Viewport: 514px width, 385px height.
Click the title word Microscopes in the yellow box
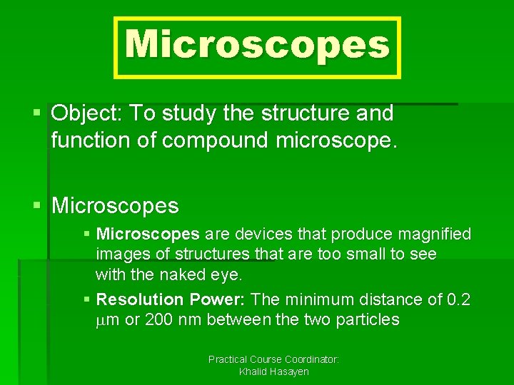[257, 46]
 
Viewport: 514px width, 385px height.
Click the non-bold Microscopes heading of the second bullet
[116, 206]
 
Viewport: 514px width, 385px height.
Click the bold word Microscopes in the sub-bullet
[148, 234]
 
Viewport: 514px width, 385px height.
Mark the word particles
[366, 319]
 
